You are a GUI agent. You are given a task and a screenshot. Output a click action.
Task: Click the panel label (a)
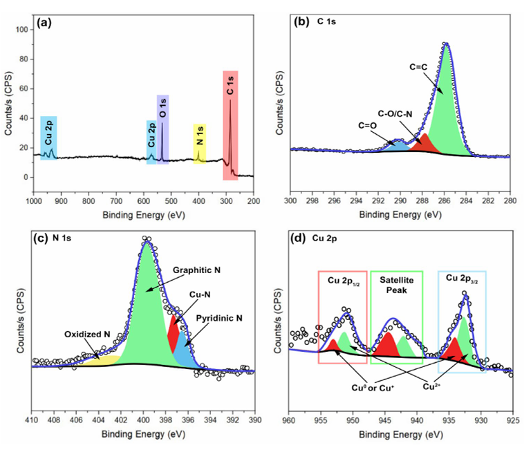point(46,23)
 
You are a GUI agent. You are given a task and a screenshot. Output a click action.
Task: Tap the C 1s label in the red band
point(230,90)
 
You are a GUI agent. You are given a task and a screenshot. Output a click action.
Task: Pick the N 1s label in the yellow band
point(200,134)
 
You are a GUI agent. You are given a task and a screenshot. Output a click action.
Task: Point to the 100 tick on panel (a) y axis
point(20,30)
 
